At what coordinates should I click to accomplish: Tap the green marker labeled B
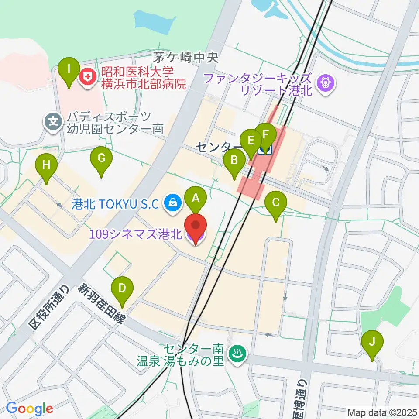(234, 161)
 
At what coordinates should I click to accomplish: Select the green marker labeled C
(276, 203)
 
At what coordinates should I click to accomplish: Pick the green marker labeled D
(122, 288)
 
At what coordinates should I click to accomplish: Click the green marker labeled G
(101, 158)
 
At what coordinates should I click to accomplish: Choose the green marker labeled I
(69, 69)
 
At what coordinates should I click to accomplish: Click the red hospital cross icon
(88, 77)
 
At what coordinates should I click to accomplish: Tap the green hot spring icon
(238, 354)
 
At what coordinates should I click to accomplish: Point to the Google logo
(29, 409)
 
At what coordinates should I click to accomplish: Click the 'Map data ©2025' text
(381, 412)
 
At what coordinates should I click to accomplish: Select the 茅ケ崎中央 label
(185, 57)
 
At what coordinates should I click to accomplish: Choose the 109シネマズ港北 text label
(135, 234)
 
